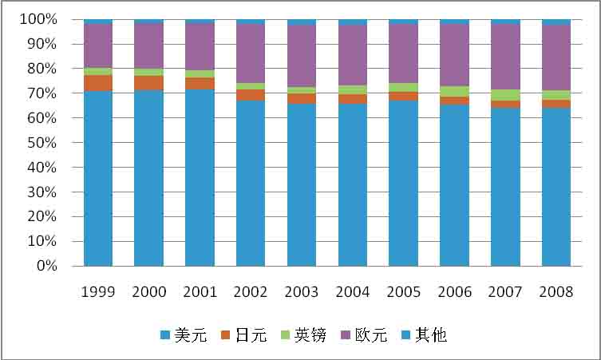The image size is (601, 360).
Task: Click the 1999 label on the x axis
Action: [x=98, y=292]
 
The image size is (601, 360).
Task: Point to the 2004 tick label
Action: [x=353, y=292]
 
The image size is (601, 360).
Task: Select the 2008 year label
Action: [x=556, y=292]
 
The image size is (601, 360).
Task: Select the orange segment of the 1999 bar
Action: [x=98, y=83]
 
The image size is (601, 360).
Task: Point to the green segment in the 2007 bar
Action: [x=505, y=95]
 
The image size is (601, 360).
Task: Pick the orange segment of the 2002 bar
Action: [x=251, y=95]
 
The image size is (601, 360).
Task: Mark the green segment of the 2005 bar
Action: [x=403, y=87]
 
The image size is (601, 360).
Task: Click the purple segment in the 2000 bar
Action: [x=148, y=46]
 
